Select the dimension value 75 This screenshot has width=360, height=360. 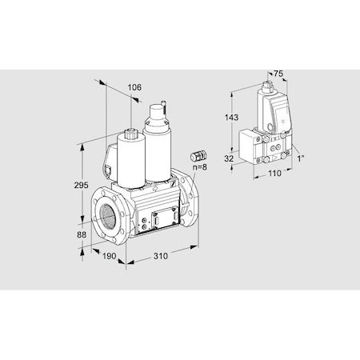pyautogui.click(x=278, y=74)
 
